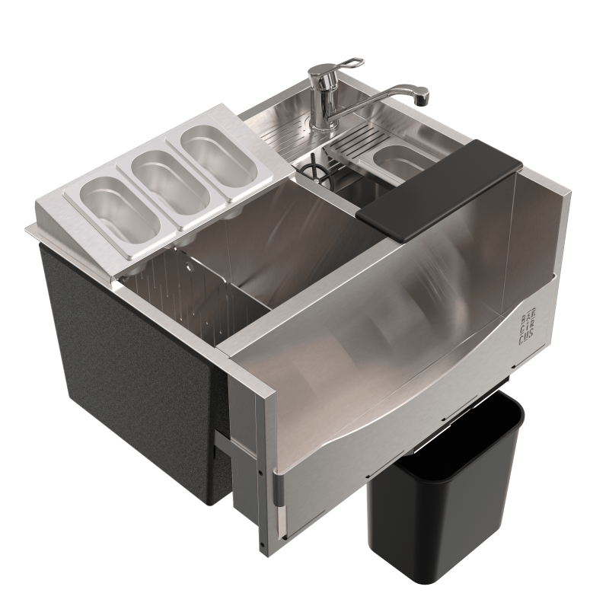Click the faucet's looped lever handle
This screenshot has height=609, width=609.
pyautogui.click(x=351, y=63)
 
